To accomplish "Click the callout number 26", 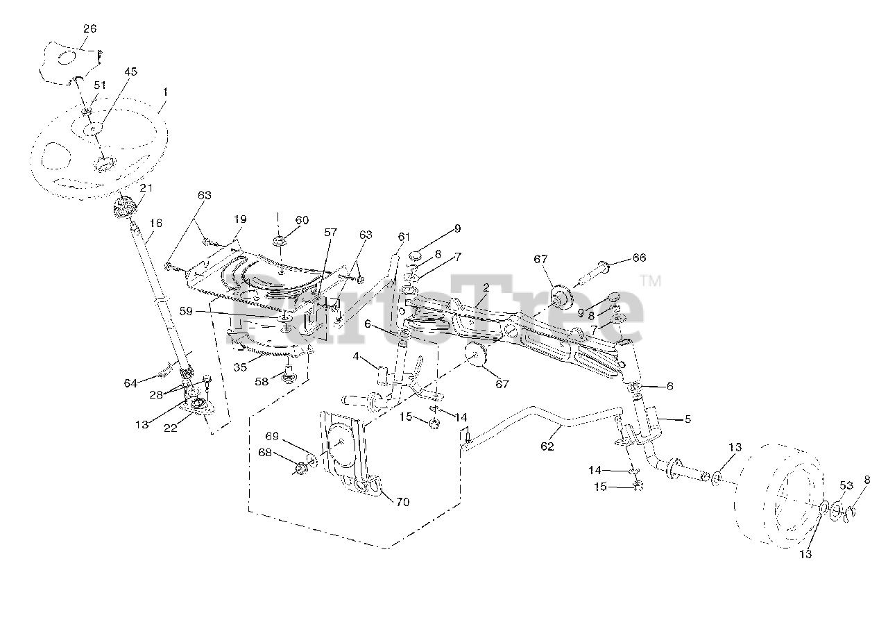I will pyautogui.click(x=90, y=28).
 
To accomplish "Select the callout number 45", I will pyautogui.click(x=131, y=72).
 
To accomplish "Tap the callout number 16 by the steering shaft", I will pyautogui.click(x=155, y=223).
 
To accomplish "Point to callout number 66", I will pyautogui.click(x=639, y=258).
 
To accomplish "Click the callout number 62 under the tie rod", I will pyautogui.click(x=547, y=446).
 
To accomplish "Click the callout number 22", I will pyautogui.click(x=170, y=428).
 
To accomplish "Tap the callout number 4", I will pyautogui.click(x=356, y=356).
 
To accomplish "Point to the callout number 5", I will pyautogui.click(x=688, y=419).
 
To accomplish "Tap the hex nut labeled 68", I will pyautogui.click(x=300, y=470).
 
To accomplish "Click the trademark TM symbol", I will pyautogui.click(x=650, y=282).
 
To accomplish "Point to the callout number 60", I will pyautogui.click(x=302, y=219).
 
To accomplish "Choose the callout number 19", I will pyautogui.click(x=240, y=219).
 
